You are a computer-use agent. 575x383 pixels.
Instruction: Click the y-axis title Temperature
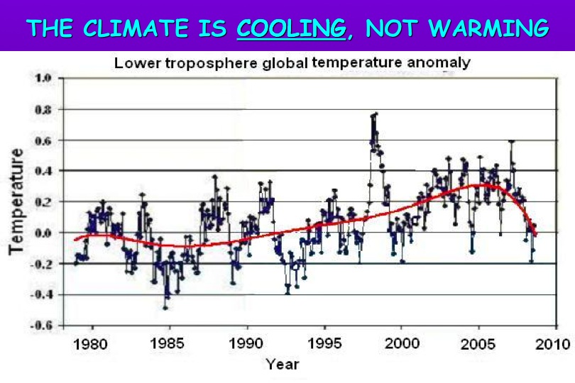click(x=16, y=201)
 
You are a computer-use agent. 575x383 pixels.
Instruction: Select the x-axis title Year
click(x=283, y=365)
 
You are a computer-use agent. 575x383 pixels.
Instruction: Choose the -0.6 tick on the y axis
click(x=40, y=326)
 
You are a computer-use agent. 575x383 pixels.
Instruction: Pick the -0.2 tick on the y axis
click(x=40, y=264)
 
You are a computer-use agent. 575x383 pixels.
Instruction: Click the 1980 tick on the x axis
click(x=93, y=345)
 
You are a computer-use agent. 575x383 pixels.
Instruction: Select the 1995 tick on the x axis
click(x=324, y=345)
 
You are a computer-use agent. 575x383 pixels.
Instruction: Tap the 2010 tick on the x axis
click(x=553, y=345)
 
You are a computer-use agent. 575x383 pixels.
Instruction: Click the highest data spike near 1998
click(x=375, y=113)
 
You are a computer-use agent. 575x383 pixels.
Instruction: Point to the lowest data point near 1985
click(x=165, y=307)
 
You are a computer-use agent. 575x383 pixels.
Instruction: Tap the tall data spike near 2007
click(x=511, y=142)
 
